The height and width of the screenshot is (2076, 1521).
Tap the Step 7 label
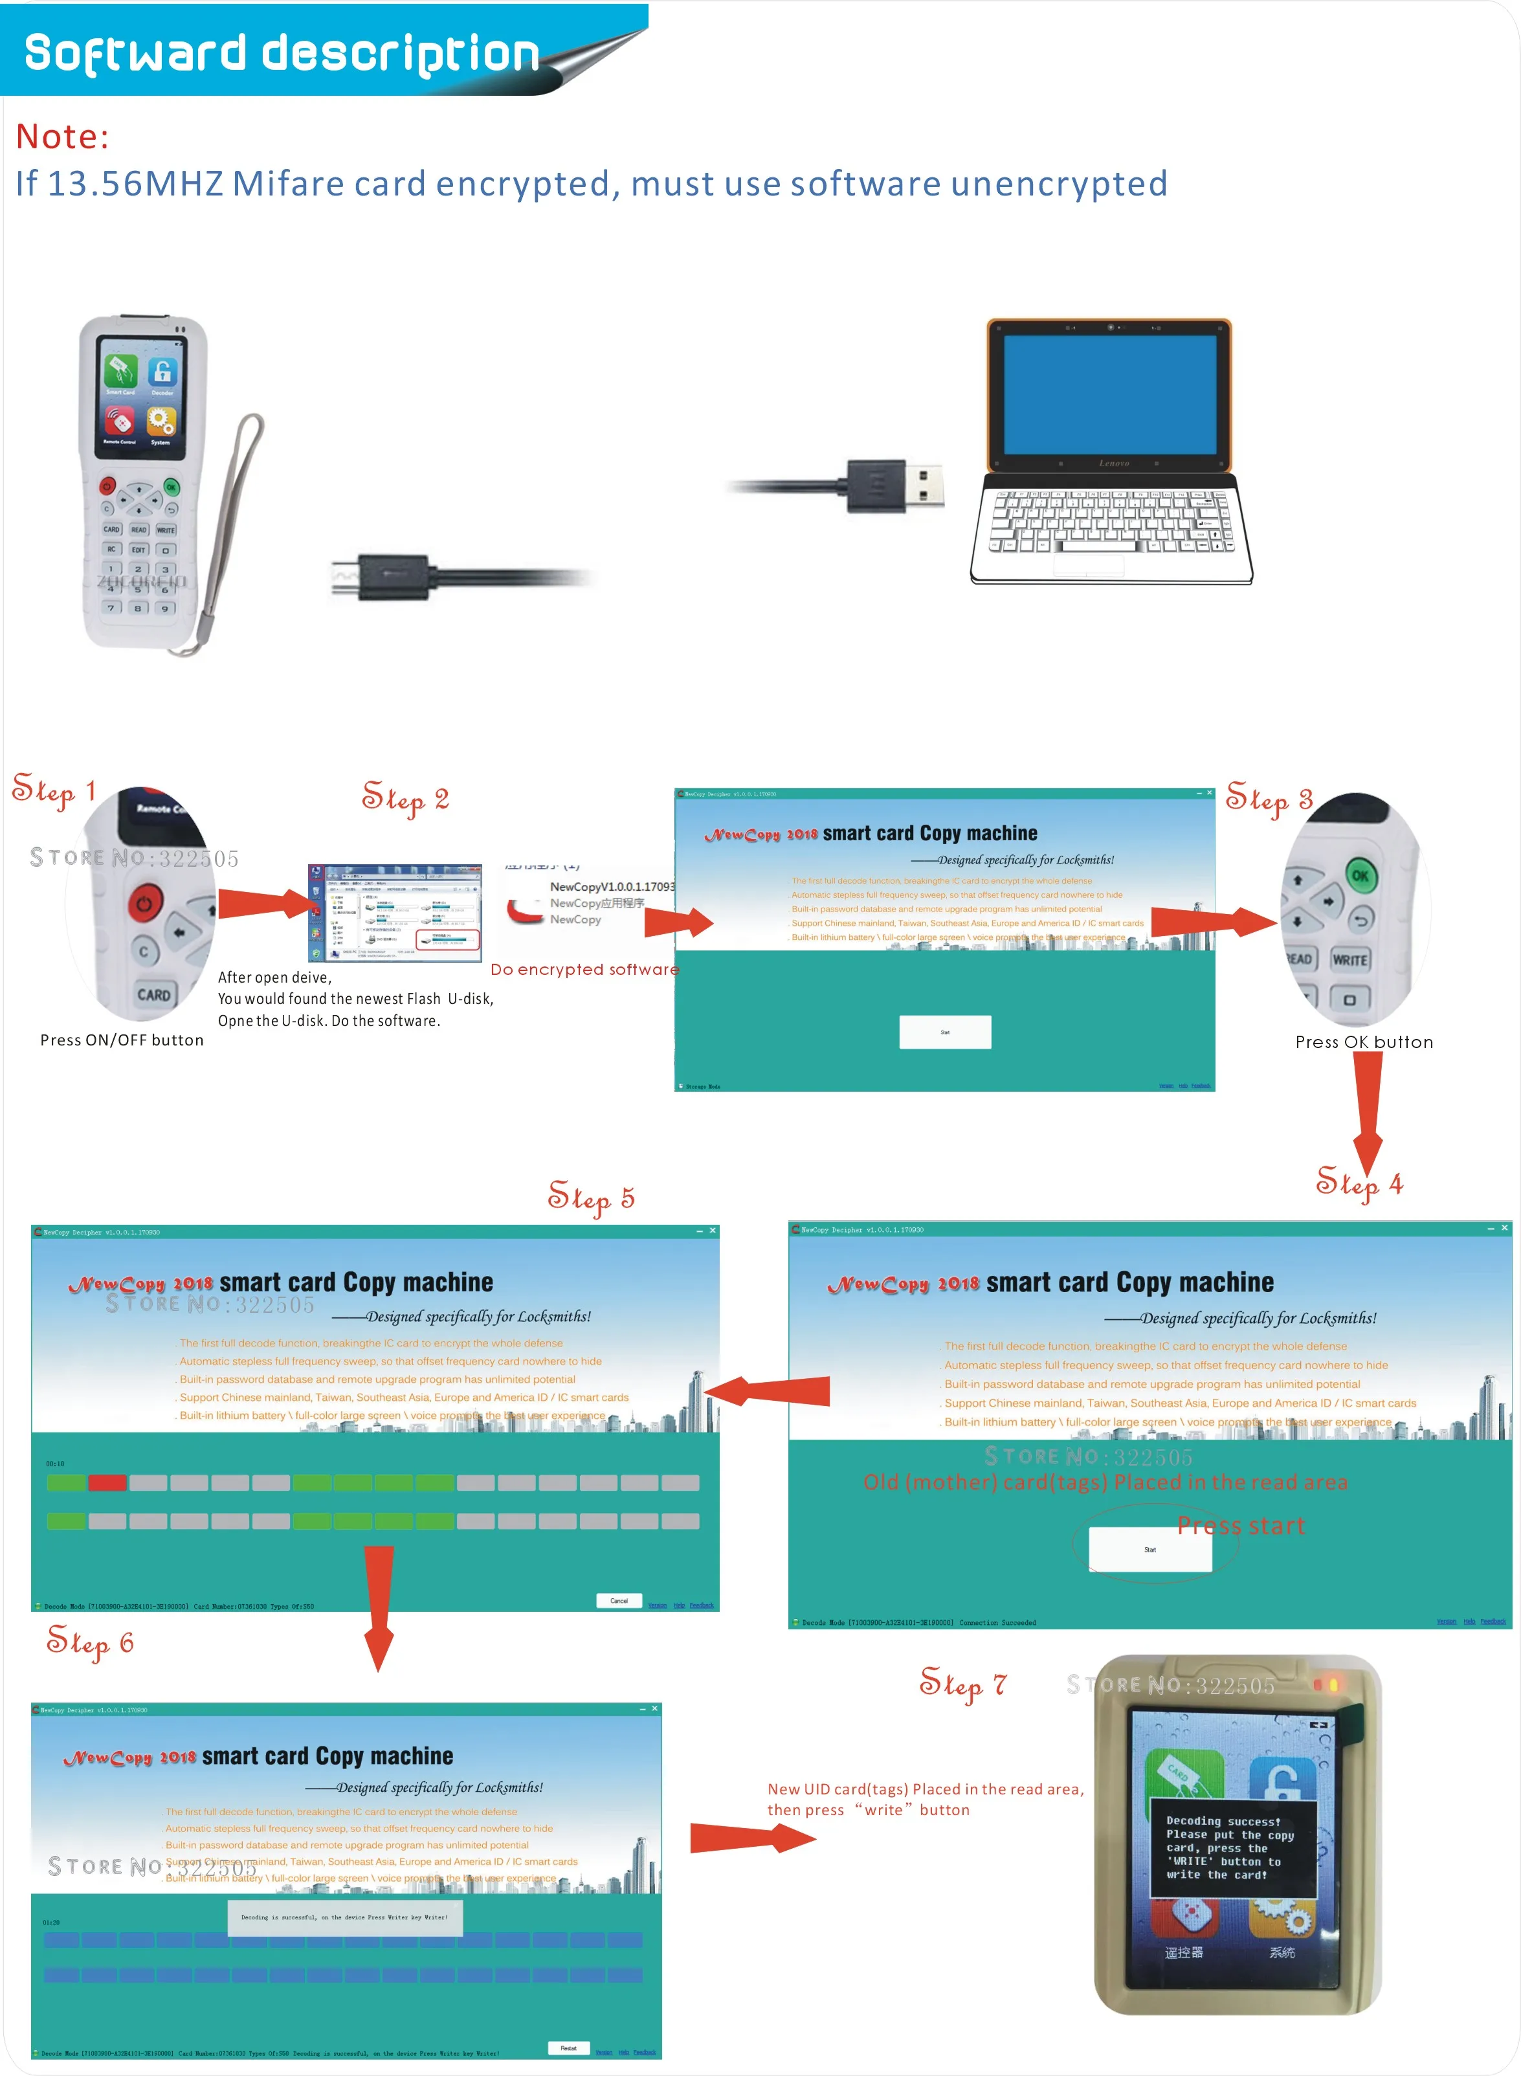click(x=962, y=1684)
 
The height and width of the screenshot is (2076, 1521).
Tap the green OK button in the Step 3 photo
click(x=1359, y=875)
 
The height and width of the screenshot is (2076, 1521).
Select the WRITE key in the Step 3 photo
click(x=1349, y=959)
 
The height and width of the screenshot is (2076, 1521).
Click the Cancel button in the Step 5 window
click(x=619, y=1600)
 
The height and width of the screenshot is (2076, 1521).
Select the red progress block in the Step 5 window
click(x=107, y=1482)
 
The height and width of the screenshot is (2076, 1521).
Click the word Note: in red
click(x=61, y=136)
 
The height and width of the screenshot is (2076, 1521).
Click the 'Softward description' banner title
click(x=281, y=52)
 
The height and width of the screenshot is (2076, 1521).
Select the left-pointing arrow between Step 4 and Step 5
click(x=769, y=1390)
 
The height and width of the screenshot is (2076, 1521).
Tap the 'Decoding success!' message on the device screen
click(x=1223, y=1821)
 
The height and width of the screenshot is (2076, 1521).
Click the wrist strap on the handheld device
click(x=230, y=525)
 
